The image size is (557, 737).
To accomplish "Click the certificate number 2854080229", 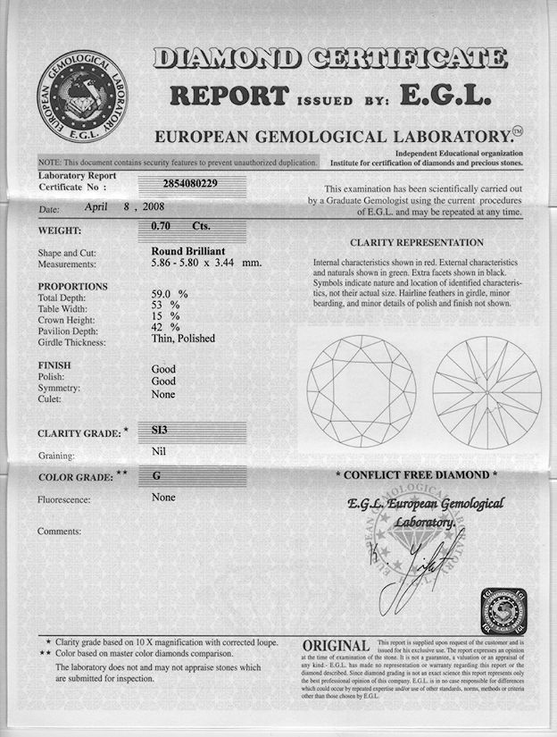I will [189, 183].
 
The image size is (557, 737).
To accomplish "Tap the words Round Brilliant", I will [189, 251].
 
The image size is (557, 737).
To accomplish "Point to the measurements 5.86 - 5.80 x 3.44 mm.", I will [206, 264].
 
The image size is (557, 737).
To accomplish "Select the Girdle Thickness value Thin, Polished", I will [183, 339].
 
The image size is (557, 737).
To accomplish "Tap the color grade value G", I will [157, 476].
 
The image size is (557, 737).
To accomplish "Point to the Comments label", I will [59, 532].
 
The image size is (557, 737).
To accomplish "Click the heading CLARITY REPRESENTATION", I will [417, 242].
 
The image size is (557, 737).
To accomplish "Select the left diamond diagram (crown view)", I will [361, 390].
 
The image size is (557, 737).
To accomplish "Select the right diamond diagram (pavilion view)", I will [486, 391].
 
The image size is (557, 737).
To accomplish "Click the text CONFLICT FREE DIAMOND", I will [416, 474].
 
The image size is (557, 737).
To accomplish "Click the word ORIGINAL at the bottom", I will [336, 645].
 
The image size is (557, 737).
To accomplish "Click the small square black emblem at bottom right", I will [504, 611].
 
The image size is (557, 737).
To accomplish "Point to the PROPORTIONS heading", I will [72, 286].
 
